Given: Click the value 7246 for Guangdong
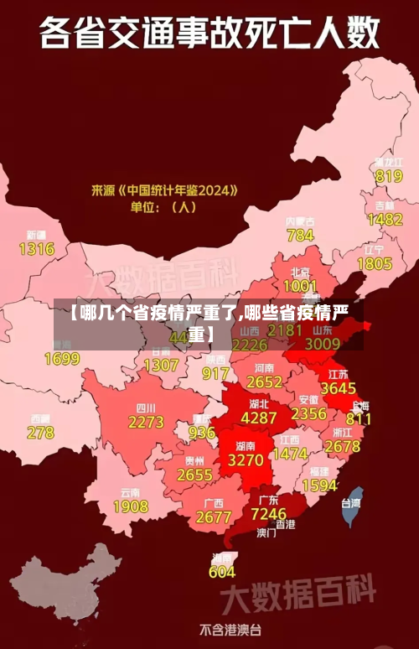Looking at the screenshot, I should click(x=269, y=512).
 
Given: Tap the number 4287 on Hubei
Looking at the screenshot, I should click(x=258, y=417).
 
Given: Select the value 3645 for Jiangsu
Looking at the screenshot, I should click(x=339, y=388).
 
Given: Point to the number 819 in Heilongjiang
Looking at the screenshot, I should click(x=389, y=176).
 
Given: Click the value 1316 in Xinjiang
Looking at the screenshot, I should click(x=37, y=249).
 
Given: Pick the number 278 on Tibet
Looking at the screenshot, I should click(x=40, y=433).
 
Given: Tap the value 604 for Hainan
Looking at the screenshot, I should click(x=222, y=572).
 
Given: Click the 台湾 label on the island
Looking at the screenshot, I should click(x=350, y=503).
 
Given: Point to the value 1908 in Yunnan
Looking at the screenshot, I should click(x=130, y=506).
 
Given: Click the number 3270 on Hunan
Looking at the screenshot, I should click(x=246, y=460).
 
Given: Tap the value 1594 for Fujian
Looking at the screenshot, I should click(x=319, y=485).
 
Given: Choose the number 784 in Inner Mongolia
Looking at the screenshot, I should click(x=300, y=236).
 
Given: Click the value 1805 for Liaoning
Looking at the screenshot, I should click(x=375, y=263).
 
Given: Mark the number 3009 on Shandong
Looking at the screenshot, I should click(x=323, y=343).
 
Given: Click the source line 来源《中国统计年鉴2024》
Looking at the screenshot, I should click(x=164, y=190).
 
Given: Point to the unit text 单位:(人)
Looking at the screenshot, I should click(x=162, y=206).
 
